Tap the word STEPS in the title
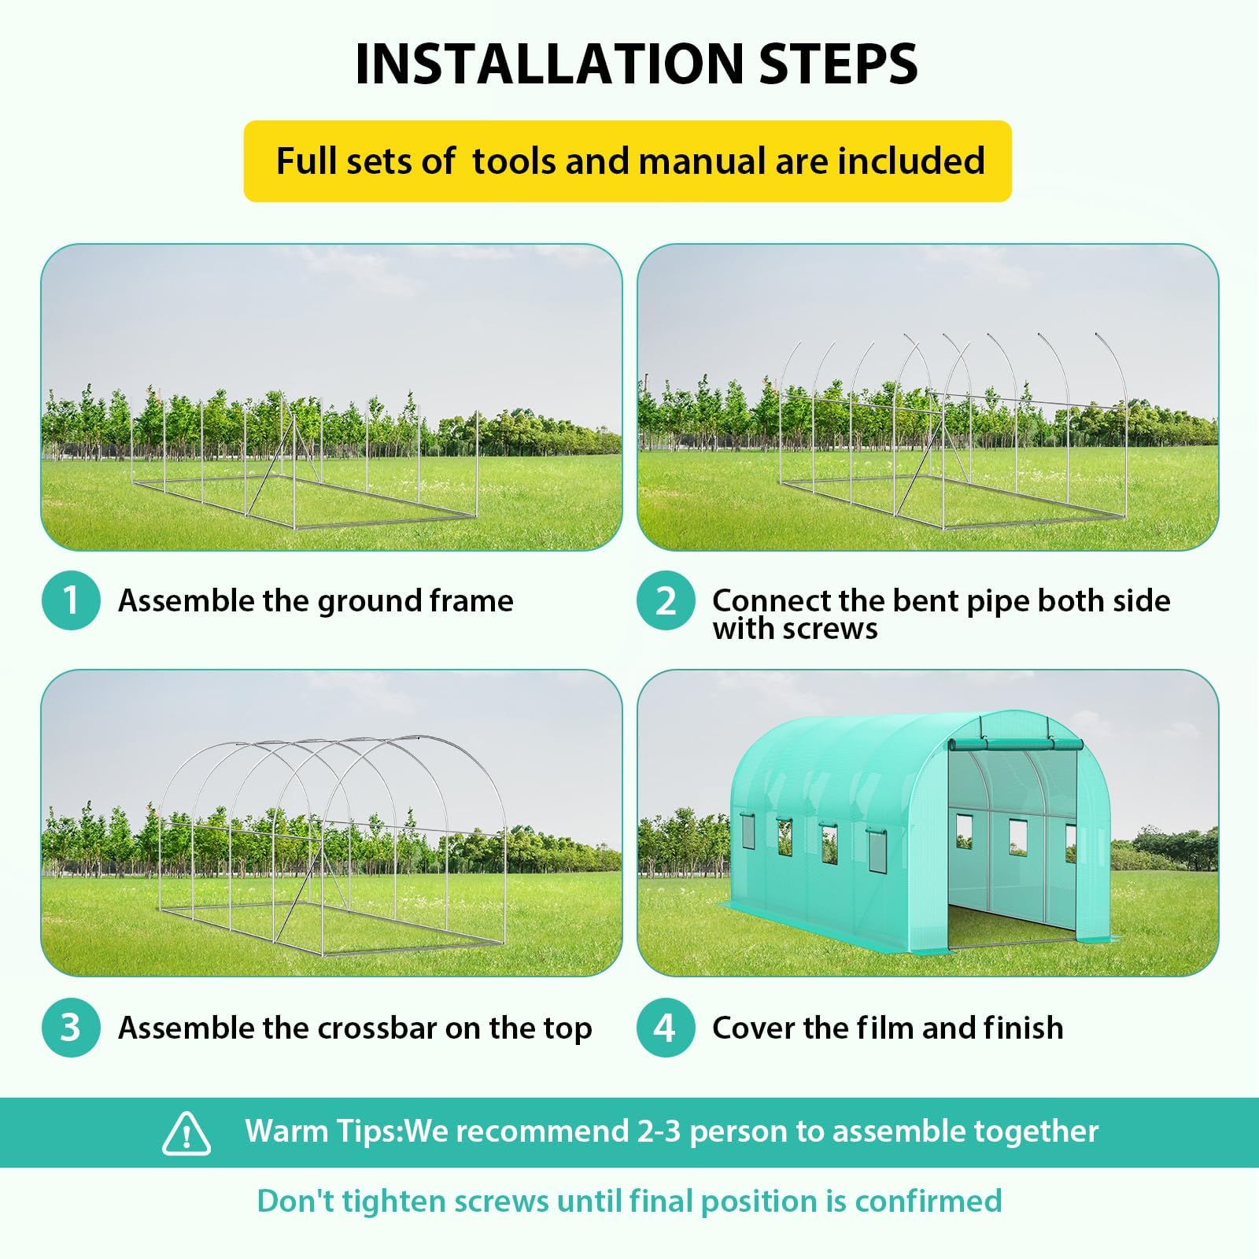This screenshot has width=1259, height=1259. coord(839,64)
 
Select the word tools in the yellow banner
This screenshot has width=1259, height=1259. coord(515,161)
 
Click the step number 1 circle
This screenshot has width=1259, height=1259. coord(71,600)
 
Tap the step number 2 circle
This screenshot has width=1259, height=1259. coord(666,600)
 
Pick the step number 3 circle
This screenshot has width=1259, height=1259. coord(71,1027)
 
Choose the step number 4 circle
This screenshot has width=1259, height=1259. coord(666,1027)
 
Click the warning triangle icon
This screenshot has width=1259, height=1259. coord(186,1133)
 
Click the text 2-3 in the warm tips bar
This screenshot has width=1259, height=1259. coord(659,1131)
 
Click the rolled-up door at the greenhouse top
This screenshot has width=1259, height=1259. coord(1015,745)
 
